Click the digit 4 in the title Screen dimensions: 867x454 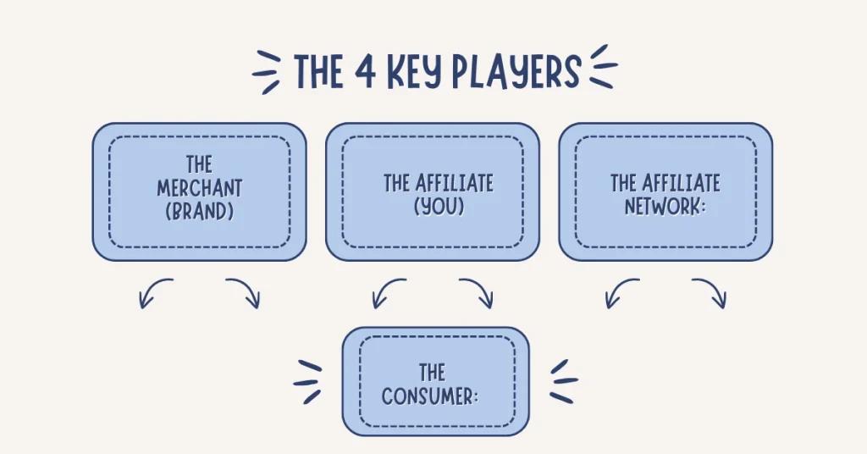[x=365, y=71]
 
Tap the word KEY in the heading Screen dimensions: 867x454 [x=415, y=72]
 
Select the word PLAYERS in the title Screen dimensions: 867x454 [x=516, y=72]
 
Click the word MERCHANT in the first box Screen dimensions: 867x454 [x=200, y=189]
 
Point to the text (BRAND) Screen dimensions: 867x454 [x=200, y=211]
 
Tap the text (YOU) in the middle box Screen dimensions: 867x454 [x=439, y=207]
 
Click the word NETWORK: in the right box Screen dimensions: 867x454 [x=665, y=207]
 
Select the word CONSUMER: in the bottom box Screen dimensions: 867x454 [x=429, y=396]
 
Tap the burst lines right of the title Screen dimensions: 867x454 [x=604, y=66]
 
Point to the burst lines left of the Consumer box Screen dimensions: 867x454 [x=307, y=382]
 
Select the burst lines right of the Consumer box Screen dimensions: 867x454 [x=564, y=381]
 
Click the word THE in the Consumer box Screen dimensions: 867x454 [x=432, y=373]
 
